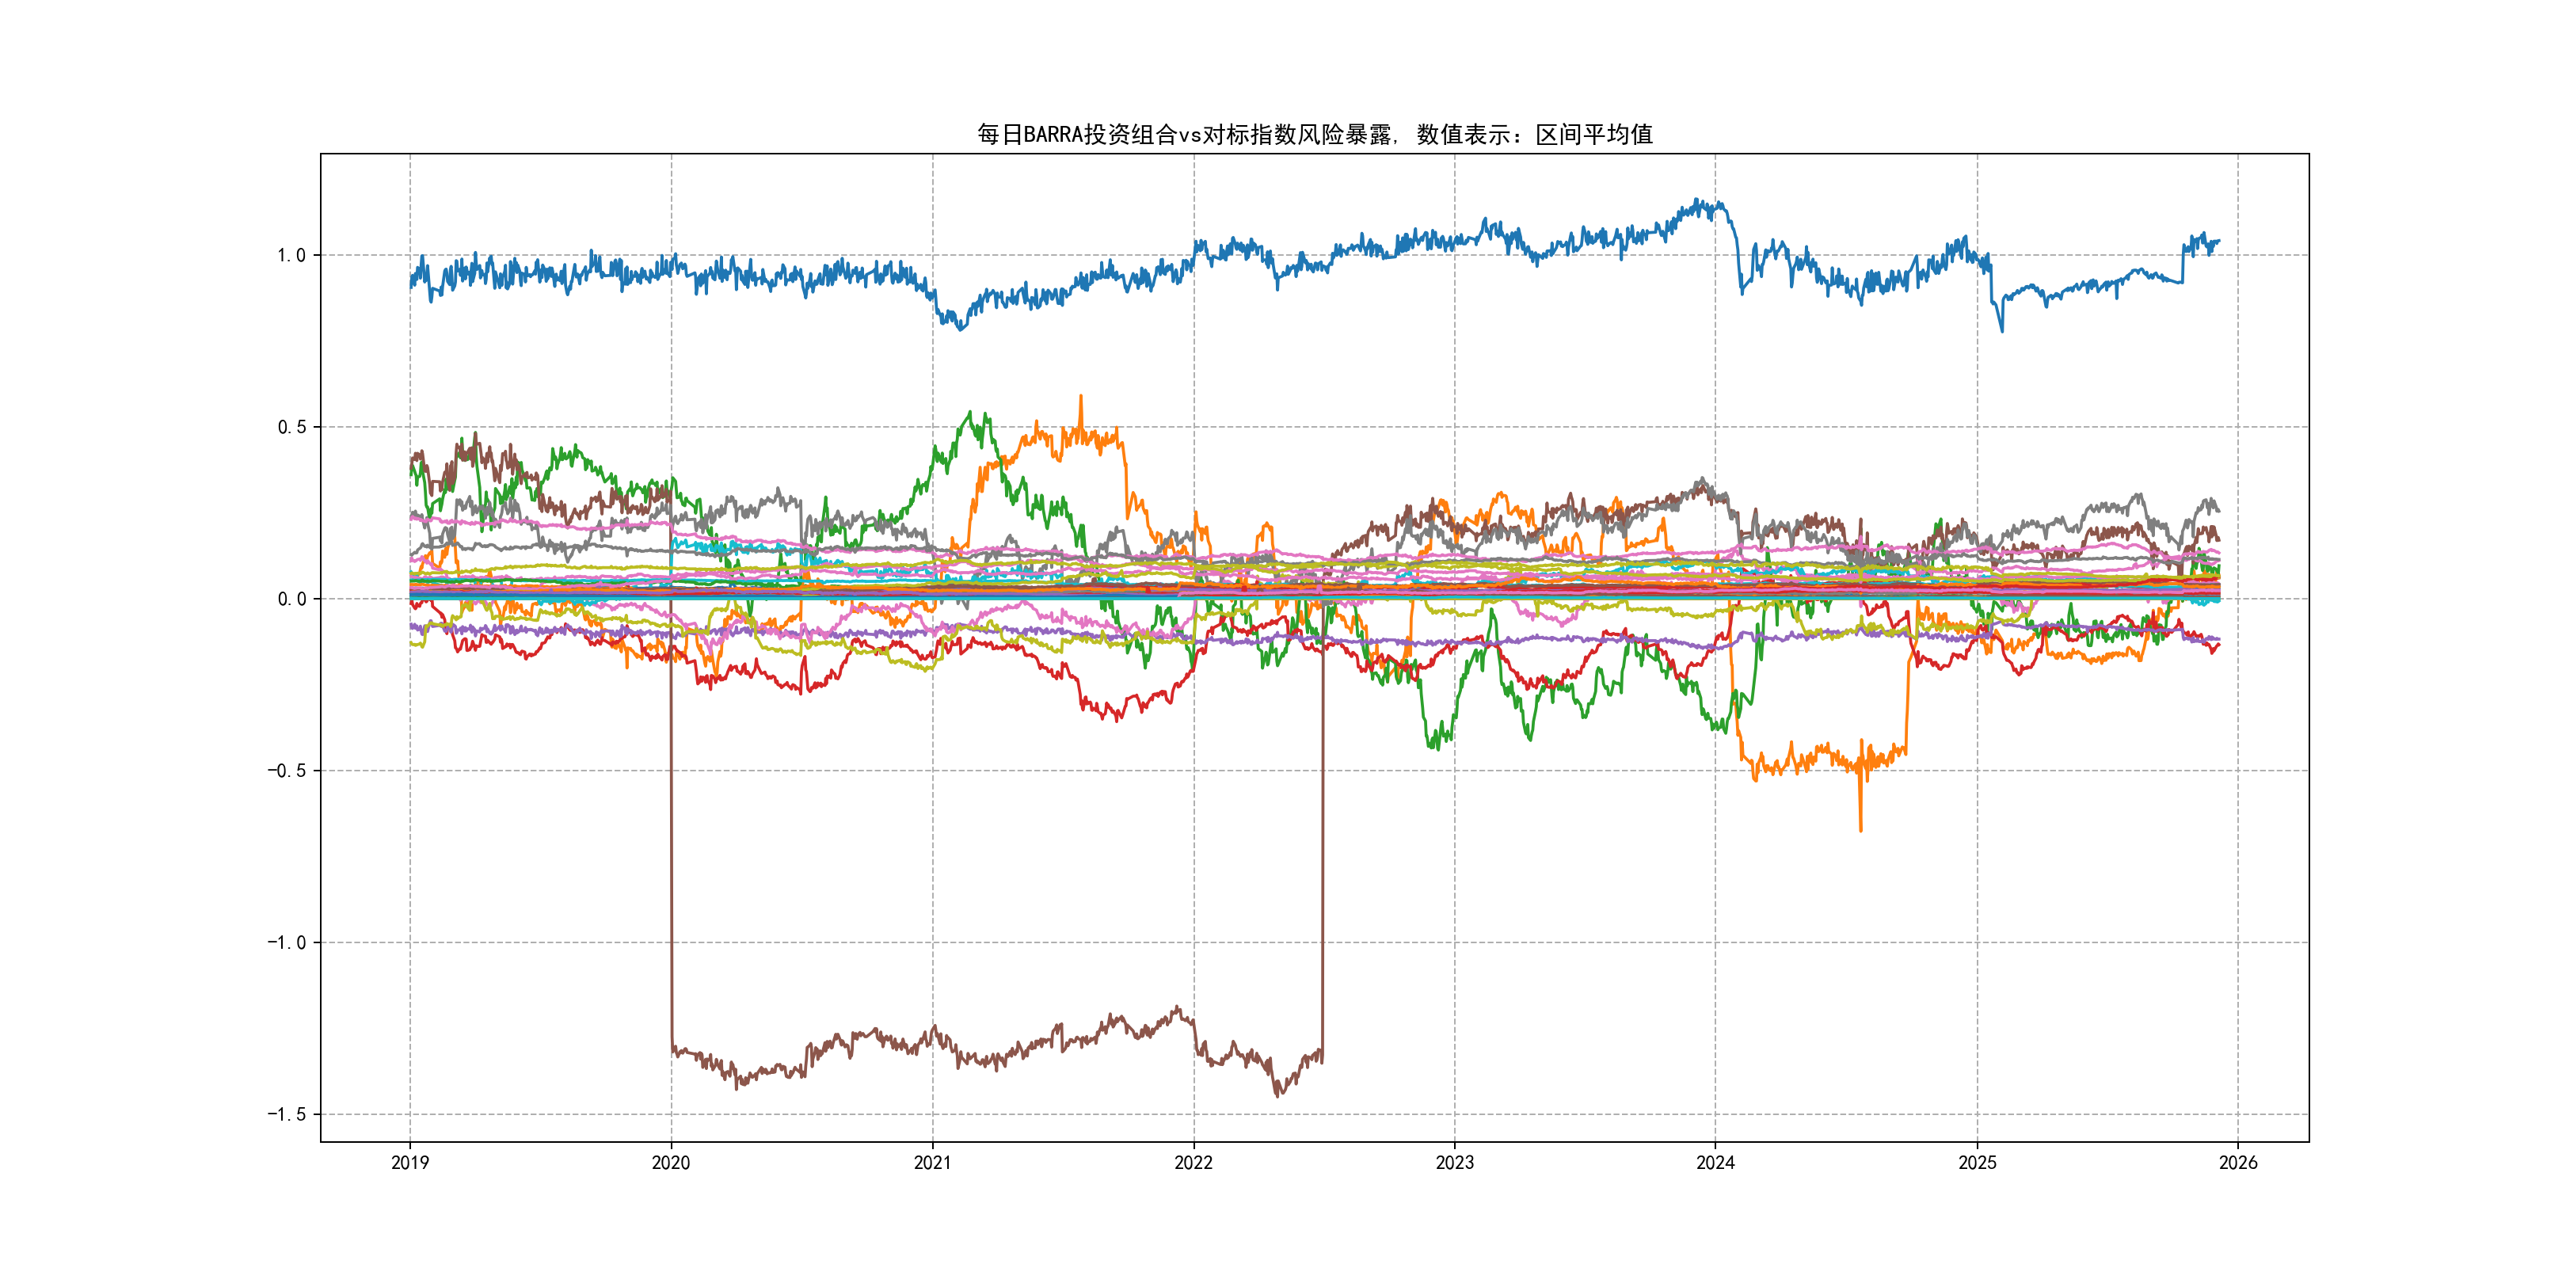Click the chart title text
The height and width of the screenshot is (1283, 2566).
pos(1314,135)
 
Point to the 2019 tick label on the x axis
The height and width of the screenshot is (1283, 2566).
pos(409,1163)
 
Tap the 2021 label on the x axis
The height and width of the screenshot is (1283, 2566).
pos(932,1163)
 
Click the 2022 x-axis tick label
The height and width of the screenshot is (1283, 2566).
pos(1194,1163)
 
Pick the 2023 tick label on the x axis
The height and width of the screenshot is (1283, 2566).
pos(1454,1163)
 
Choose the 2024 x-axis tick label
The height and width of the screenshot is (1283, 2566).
pos(1715,1163)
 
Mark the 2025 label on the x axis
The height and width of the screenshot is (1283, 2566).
pos(1978,1163)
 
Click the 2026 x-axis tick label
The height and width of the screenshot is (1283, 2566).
pos(2238,1163)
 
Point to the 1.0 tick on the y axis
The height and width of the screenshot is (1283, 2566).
pos(291,255)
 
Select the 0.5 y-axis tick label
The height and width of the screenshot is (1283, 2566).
pos(291,428)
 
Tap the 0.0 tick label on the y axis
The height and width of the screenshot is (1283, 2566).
pos(291,599)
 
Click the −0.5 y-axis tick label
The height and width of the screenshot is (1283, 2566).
pos(286,771)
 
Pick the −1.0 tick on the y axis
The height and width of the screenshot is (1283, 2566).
pos(286,942)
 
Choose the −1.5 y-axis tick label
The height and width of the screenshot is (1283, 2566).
pos(286,1114)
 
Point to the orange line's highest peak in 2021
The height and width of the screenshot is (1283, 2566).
pos(1081,398)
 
